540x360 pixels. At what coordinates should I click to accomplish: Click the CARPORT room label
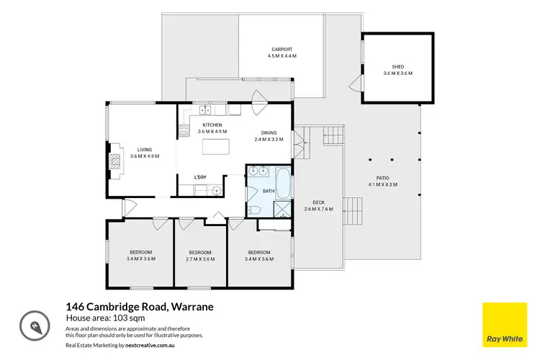pos(282,50)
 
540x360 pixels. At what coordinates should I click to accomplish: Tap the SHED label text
pos(397,67)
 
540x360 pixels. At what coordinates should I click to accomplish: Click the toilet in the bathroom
pos(255,210)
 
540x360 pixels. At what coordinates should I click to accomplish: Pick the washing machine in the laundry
pos(215,190)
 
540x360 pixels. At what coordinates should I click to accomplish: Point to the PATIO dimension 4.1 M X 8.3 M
pos(382,184)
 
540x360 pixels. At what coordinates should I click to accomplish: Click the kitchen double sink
pos(204,110)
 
